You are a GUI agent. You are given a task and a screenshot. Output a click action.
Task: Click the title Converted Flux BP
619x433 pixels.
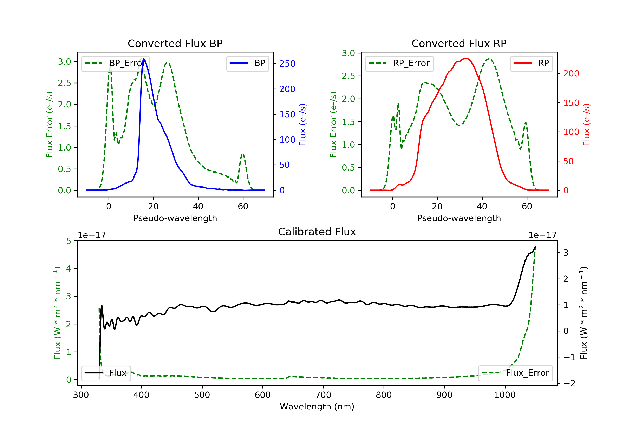[x=175, y=43]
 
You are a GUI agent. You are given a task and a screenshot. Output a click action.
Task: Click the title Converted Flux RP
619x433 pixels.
[x=459, y=43]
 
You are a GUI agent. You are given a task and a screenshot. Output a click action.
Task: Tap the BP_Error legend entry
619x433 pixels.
[x=115, y=63]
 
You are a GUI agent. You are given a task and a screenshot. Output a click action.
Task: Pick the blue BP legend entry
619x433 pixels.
[x=247, y=63]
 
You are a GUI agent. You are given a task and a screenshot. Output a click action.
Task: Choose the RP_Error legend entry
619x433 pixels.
[x=399, y=63]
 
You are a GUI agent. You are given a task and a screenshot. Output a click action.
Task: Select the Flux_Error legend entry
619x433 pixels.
[x=515, y=373]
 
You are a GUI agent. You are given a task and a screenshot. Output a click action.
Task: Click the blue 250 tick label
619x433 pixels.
[x=287, y=64]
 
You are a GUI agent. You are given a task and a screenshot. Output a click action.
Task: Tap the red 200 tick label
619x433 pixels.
[x=571, y=74]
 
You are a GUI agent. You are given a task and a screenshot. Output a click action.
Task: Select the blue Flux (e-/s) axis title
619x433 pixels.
[x=302, y=125]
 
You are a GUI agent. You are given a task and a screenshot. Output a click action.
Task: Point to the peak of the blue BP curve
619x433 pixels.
[x=143, y=59]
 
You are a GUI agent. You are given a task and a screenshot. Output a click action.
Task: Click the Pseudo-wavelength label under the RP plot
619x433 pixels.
[x=459, y=218]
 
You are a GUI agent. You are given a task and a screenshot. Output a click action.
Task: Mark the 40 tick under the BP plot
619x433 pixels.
[x=198, y=206]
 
